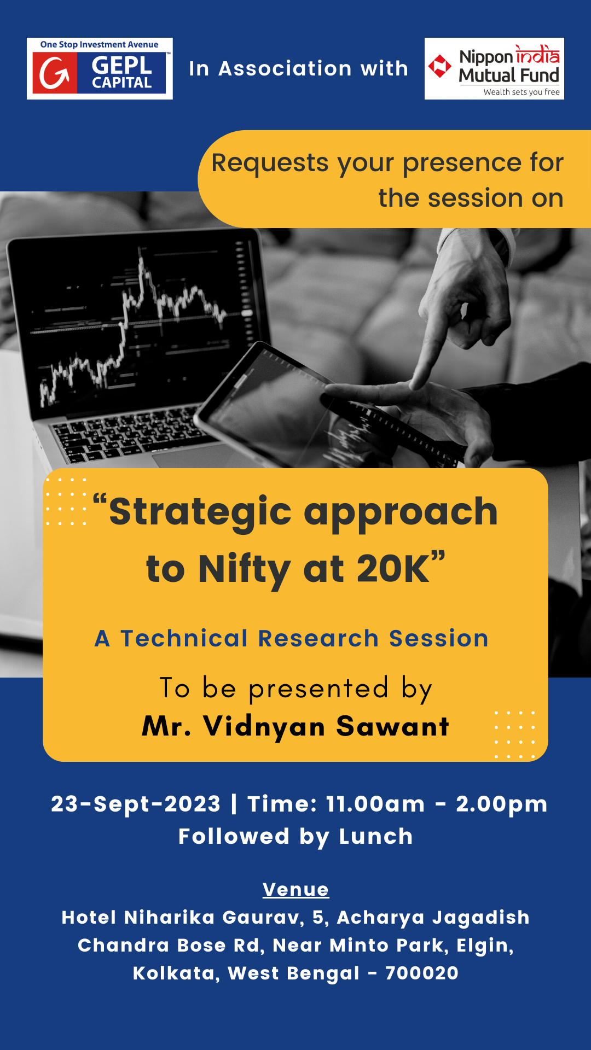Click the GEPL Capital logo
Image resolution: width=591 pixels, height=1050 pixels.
click(x=100, y=68)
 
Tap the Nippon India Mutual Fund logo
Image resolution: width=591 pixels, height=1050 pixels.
click(x=494, y=68)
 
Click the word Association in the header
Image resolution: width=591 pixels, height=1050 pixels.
click(x=285, y=69)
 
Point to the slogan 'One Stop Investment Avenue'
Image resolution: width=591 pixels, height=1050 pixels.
click(x=99, y=44)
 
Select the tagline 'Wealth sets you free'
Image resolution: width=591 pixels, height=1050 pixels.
click(x=522, y=92)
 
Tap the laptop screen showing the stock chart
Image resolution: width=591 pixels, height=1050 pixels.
click(x=137, y=323)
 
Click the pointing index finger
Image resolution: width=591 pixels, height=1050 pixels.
click(x=432, y=339)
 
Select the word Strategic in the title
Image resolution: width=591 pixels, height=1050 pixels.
click(x=200, y=512)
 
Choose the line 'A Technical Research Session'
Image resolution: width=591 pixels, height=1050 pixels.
click(x=292, y=638)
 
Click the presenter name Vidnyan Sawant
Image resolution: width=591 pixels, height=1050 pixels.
click(x=326, y=727)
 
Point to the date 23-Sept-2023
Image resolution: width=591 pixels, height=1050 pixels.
click(x=136, y=804)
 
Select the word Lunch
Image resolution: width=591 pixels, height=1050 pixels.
click(x=376, y=837)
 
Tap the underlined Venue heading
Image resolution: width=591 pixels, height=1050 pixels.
click(x=296, y=890)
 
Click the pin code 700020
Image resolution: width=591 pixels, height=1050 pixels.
click(x=422, y=973)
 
